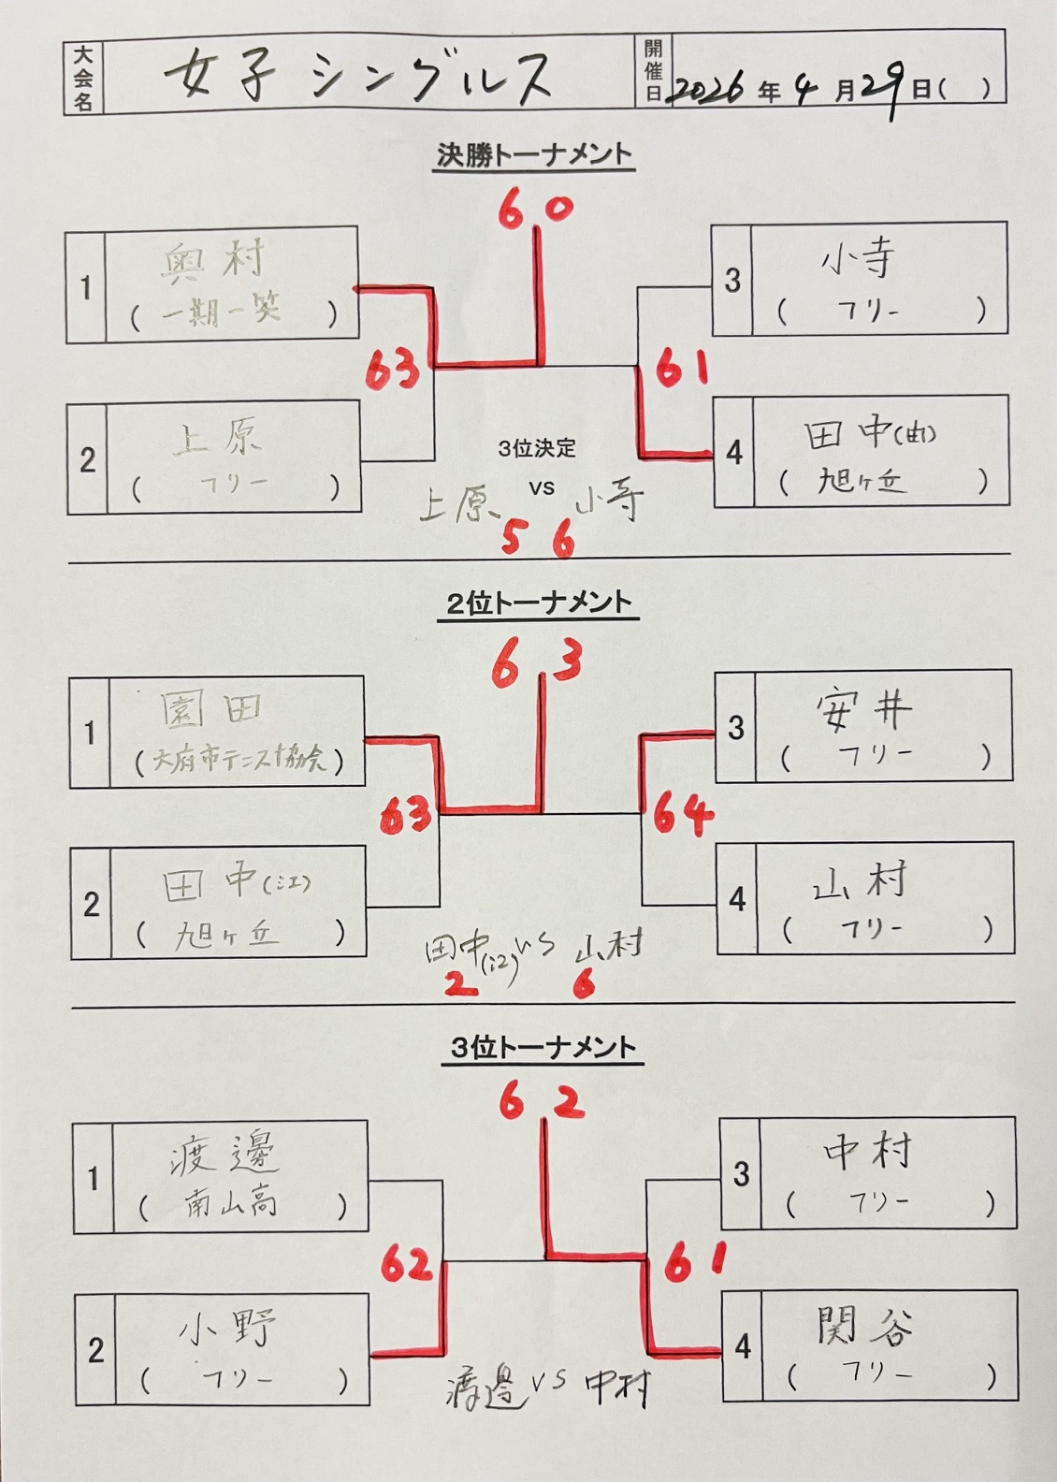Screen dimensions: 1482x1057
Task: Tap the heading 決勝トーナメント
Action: pyautogui.click(x=535, y=155)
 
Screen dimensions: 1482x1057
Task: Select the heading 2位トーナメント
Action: pyautogui.click(x=539, y=603)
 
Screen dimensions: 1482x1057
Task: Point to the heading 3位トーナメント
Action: pyautogui.click(x=543, y=1048)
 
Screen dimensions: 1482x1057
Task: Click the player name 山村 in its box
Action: pyautogui.click(x=862, y=883)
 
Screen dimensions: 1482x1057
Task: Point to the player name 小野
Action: pyautogui.click(x=228, y=1328)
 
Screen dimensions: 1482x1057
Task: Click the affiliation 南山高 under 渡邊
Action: pyautogui.click(x=229, y=1203)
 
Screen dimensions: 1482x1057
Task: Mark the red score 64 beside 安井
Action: pyautogui.click(x=683, y=814)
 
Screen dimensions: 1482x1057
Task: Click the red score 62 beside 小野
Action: pyautogui.click(x=408, y=1265)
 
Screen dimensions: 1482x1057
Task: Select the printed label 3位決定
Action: pyautogui.click(x=537, y=449)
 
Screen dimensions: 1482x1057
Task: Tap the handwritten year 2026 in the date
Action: pyautogui.click(x=708, y=89)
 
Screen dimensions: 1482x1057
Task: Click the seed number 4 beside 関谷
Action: pyautogui.click(x=743, y=1346)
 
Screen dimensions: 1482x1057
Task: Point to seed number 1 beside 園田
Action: pyautogui.click(x=90, y=733)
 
